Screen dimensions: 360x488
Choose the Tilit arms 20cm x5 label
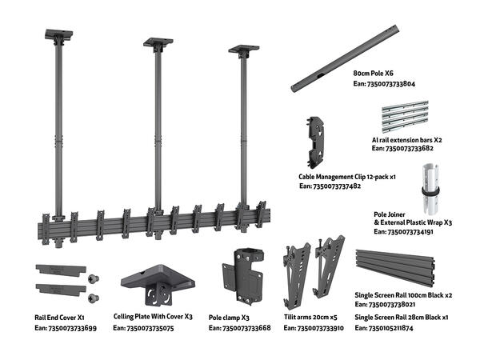pos(314,317)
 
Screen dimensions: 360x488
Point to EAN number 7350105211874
pos(403,328)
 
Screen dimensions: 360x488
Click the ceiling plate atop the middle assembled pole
pos(158,42)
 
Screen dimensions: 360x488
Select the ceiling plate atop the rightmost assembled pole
pos(243,50)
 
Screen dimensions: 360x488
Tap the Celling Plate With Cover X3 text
pos(153,317)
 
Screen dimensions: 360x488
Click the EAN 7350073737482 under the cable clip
pos(330,186)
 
